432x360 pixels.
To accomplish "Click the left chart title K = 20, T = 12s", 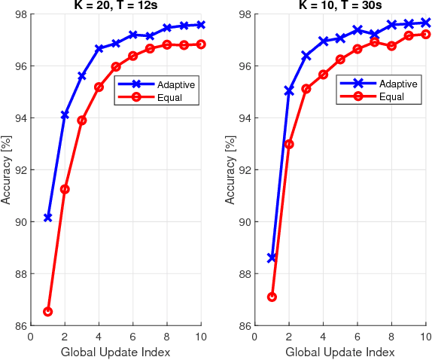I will [x=115, y=7].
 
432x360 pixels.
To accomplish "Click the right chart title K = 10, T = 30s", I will [x=339, y=7].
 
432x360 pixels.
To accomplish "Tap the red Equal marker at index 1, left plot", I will [x=47, y=311].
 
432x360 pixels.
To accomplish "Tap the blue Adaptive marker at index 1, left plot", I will [x=47, y=217].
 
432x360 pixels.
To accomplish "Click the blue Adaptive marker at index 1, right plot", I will [x=272, y=258].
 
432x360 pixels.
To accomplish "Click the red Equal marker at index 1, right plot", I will [x=272, y=297].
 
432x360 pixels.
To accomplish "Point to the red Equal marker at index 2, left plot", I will [x=65, y=189].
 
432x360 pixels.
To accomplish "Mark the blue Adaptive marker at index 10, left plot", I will [x=201, y=25].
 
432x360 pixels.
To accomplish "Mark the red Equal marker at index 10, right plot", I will [x=425, y=34].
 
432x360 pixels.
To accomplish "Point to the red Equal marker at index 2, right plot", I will [x=289, y=144].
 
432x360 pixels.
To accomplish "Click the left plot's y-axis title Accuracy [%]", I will [x=7, y=169].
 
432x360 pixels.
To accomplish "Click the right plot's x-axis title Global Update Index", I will [x=339, y=352].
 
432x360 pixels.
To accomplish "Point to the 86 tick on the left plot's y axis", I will [x=20, y=325].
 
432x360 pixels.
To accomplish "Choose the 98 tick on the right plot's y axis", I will [x=245, y=14].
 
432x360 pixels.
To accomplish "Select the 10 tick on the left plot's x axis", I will [x=201, y=337].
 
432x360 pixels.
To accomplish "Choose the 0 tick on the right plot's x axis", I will [x=255, y=337].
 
